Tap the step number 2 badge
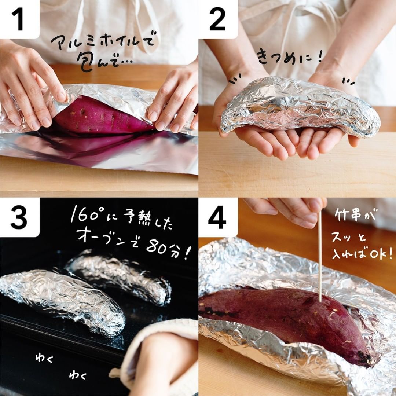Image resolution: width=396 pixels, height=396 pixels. pos(218,19)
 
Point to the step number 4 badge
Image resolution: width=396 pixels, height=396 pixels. pos(218,217)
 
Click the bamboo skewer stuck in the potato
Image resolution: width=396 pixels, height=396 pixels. pos(320,255)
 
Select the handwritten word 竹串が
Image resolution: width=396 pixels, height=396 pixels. pos(355,216)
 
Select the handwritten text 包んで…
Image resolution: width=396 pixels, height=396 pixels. pos(103,63)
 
